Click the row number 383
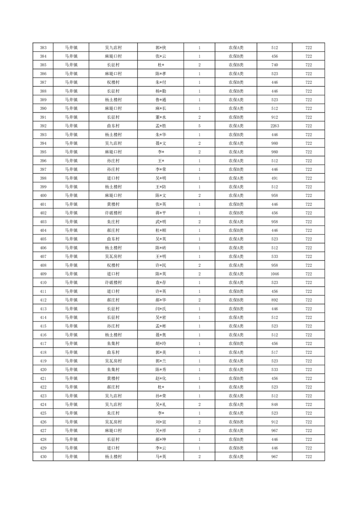43,48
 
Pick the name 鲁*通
161,100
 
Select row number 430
43,456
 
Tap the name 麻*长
161,108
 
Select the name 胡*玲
161,343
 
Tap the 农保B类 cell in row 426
236,422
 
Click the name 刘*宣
161,422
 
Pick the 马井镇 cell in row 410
71,283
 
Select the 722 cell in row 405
308,239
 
